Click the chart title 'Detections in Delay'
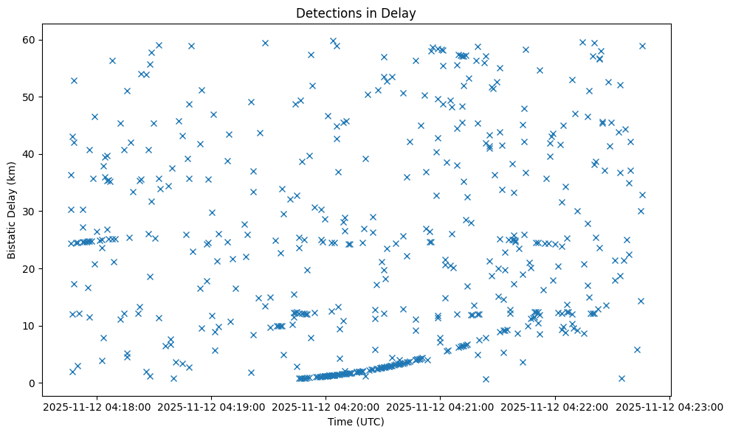(356, 13)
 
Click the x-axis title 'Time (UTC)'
(356, 422)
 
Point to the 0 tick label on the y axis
(32, 383)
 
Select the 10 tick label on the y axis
(30, 326)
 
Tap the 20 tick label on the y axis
(30, 268)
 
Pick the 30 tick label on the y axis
(30, 212)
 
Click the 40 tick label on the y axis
(30, 154)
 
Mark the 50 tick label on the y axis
(30, 97)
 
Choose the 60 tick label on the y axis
(30, 40)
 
